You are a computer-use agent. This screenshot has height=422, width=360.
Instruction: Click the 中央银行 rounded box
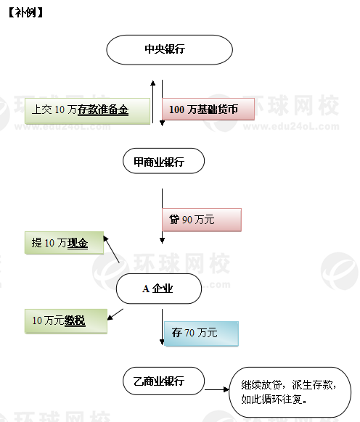click(170, 50)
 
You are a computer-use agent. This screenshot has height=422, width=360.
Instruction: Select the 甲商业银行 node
click(163, 161)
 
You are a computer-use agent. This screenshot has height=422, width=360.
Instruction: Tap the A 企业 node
click(159, 289)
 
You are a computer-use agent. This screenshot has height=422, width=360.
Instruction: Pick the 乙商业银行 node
click(163, 381)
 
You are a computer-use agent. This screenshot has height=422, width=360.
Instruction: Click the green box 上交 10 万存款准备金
click(87, 111)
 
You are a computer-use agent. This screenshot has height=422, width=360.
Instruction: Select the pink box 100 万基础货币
click(208, 109)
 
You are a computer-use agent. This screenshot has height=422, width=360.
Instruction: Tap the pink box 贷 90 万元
click(202, 220)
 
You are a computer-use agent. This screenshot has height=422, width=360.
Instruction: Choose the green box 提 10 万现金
click(64, 242)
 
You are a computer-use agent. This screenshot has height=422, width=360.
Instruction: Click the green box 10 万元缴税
click(66, 321)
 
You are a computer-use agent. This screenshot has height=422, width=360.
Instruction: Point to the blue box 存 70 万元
click(201, 334)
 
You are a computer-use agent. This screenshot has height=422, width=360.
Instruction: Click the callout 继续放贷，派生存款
click(290, 392)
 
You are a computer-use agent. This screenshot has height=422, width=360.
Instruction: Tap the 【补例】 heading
click(26, 12)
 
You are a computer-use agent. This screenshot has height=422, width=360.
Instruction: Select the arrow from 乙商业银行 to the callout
click(216, 389)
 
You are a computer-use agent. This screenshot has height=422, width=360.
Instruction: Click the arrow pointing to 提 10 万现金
click(111, 249)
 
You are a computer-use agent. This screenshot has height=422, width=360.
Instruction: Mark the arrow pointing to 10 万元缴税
click(115, 315)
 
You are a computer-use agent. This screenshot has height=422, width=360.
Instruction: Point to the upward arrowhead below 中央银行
click(153, 83)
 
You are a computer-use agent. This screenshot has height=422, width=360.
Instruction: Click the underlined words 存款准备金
click(103, 109)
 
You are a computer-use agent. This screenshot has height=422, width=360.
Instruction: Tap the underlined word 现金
click(78, 243)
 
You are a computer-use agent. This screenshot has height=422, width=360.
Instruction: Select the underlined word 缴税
click(75, 320)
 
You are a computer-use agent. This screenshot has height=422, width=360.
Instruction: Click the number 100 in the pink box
click(176, 109)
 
